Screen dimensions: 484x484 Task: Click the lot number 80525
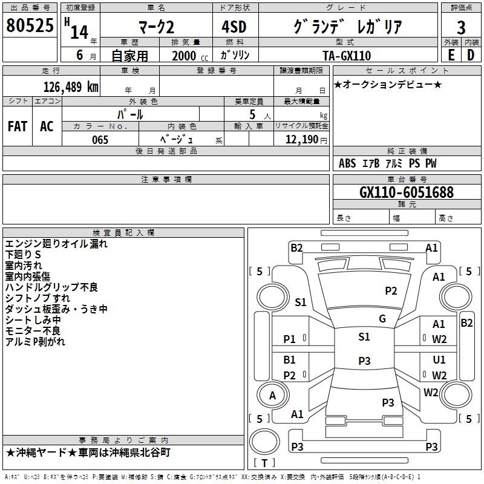pyautogui.click(x=30, y=25)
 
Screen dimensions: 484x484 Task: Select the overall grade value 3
pyautogui.click(x=461, y=28)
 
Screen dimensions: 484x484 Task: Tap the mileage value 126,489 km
pyautogui.click(x=71, y=87)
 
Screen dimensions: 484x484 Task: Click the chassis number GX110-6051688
pyautogui.click(x=407, y=192)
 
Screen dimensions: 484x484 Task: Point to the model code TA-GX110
pyautogui.click(x=347, y=56)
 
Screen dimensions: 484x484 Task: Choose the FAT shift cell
pyautogui.click(x=18, y=126)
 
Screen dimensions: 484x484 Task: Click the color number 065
pyautogui.click(x=100, y=140)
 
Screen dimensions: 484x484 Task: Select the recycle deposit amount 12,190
pyautogui.click(x=301, y=140)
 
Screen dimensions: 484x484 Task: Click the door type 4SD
pyautogui.click(x=234, y=27)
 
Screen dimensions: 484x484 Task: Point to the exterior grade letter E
pyautogui.click(x=451, y=55)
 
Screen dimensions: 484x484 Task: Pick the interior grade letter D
pyautogui.click(x=471, y=55)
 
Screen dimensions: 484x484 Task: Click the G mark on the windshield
pyautogui.click(x=382, y=319)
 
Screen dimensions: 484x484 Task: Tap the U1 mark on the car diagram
pyautogui.click(x=439, y=359)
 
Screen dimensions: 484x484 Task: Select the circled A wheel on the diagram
pyautogui.click(x=272, y=395)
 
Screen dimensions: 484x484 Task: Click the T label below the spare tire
pyautogui.click(x=264, y=463)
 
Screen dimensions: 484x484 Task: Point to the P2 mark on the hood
pyautogui.click(x=391, y=291)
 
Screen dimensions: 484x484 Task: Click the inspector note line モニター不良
pyautogui.click(x=33, y=330)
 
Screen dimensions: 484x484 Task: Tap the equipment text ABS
pyautogui.click(x=347, y=163)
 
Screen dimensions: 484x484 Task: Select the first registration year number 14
pyautogui.click(x=79, y=32)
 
